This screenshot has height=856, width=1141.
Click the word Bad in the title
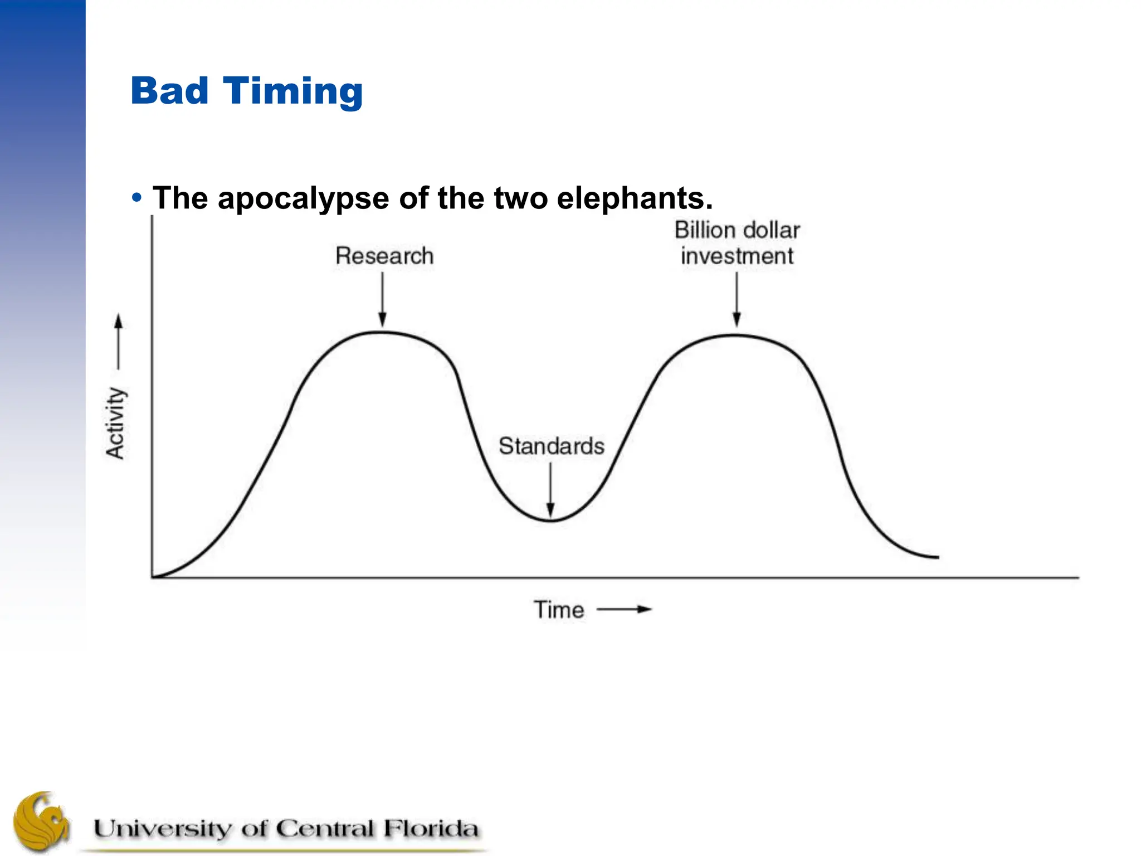(169, 91)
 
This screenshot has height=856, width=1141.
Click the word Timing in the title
(293, 92)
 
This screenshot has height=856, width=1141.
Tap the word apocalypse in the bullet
(303, 198)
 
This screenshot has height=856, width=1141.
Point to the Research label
(384, 256)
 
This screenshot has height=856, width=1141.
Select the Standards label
(551, 446)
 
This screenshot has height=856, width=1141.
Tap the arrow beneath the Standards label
(550, 490)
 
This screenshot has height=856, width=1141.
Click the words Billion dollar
(737, 230)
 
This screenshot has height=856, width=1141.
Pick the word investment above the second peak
(737, 256)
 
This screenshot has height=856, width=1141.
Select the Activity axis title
(116, 423)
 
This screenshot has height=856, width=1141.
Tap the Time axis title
(559, 610)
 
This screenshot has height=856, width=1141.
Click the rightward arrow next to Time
(624, 610)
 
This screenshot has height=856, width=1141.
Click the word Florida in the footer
(430, 828)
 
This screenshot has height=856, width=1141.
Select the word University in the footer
(162, 829)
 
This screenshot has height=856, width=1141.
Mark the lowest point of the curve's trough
(550, 521)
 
